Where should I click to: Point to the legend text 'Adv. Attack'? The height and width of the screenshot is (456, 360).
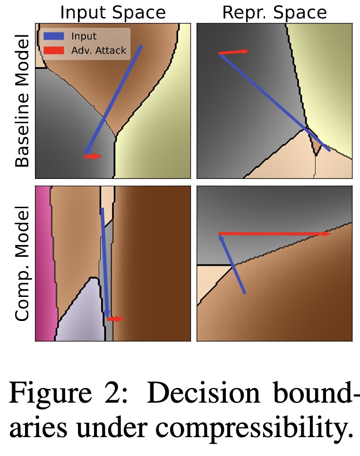[x=98, y=51]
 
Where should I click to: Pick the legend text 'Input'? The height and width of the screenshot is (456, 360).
[x=84, y=36]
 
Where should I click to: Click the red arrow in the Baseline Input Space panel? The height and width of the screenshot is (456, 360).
[x=93, y=156]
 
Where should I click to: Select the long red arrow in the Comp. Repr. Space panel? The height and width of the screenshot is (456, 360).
[x=274, y=234]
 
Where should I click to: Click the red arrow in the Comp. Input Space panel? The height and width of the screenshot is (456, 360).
[x=115, y=319]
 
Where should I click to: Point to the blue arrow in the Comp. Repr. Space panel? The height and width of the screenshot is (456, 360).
[x=232, y=264]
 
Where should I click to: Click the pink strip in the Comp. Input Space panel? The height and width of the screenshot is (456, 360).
[x=43, y=264]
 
